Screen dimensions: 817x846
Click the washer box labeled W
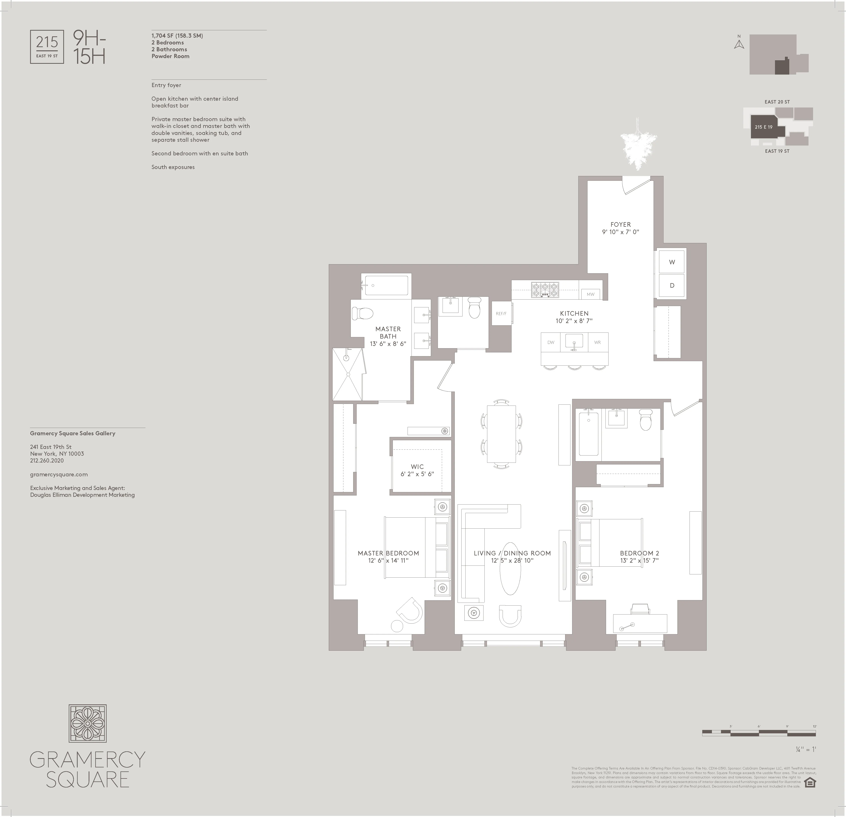tap(672, 262)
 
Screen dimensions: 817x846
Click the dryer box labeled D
tap(672, 286)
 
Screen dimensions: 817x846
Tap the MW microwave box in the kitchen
tap(590, 294)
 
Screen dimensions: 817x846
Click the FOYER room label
tap(620, 224)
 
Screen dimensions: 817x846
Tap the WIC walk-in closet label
tap(417, 466)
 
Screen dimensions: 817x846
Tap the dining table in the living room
tap(501, 434)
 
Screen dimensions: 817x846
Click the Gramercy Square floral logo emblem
tap(88, 723)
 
